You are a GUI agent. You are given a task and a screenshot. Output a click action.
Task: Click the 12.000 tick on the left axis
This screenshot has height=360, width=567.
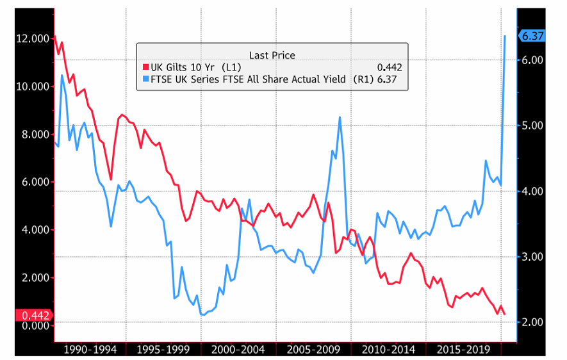pyautogui.click(x=31, y=38)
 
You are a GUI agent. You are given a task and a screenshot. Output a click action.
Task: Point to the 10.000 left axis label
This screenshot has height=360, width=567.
pyautogui.click(x=31, y=86)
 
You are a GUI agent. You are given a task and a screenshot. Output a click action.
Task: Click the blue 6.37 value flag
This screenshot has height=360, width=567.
pyautogui.click(x=532, y=37)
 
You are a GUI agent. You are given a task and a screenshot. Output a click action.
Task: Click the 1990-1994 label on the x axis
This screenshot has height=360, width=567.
pyautogui.click(x=90, y=350)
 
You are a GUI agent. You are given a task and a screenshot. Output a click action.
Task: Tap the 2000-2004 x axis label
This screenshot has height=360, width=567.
pyautogui.click(x=238, y=350)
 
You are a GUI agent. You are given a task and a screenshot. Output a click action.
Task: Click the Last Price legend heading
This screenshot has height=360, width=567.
pyautogui.click(x=272, y=55)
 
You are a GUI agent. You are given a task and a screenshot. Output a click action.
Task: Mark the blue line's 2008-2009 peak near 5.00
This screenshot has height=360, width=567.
pyautogui.click(x=340, y=117)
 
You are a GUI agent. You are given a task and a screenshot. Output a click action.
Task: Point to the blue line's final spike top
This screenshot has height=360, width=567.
pyautogui.click(x=505, y=36)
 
